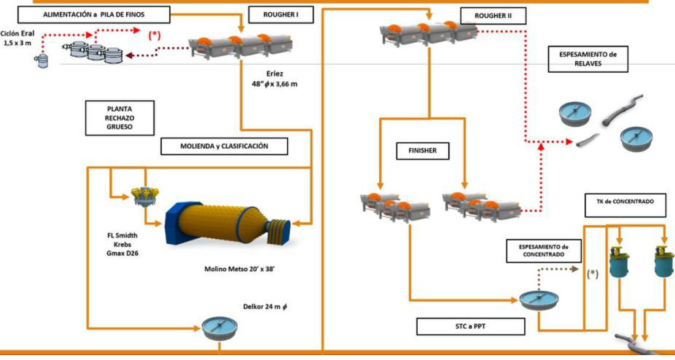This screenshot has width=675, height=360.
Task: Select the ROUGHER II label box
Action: [x=492, y=15]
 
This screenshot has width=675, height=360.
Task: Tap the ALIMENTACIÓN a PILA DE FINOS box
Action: [x=94, y=13]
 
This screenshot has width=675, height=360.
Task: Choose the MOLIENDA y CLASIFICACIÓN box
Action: [x=224, y=146]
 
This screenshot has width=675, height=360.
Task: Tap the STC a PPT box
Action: [x=470, y=326]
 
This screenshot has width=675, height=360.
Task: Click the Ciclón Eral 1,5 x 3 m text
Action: [x=17, y=40]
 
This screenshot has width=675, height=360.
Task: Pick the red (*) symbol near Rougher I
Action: [x=154, y=36]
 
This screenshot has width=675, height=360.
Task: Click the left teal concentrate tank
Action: [x=620, y=264]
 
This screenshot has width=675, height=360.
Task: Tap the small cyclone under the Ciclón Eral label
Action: [x=42, y=61]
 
